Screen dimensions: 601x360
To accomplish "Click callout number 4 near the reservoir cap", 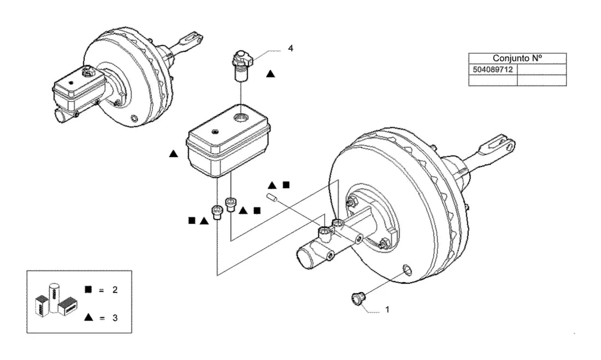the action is [291, 48].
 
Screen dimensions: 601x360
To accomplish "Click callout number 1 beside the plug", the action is [387, 309].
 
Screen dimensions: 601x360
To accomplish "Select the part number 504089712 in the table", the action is [492, 69].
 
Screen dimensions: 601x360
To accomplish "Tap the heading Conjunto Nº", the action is [517, 58].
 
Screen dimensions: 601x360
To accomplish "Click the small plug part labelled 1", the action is [358, 299].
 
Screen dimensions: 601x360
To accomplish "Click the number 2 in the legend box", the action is [115, 290].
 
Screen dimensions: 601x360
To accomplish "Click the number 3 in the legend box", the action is [115, 318].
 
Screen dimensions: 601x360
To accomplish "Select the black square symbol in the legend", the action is [88, 290].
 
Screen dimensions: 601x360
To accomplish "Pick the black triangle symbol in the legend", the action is [89, 317].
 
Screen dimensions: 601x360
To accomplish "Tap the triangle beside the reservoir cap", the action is [270, 74].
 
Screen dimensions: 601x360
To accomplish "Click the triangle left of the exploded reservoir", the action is [174, 154].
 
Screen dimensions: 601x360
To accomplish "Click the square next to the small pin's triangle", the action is [286, 185].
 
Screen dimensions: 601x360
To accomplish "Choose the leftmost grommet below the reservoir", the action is [217, 212].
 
